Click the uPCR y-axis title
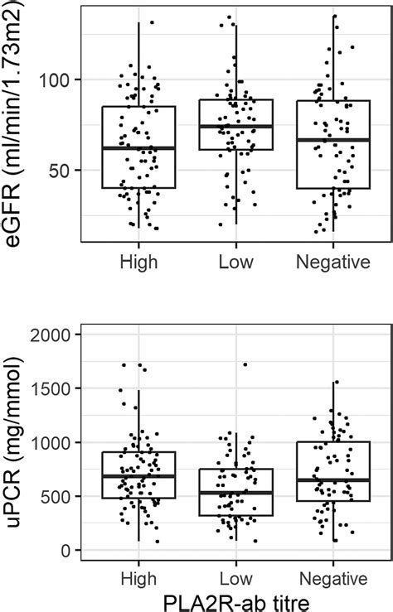(x=18, y=441)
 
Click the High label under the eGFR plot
(x=138, y=263)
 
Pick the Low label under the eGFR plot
(x=235, y=263)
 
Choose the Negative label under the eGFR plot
(x=332, y=263)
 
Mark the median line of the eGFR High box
(x=138, y=147)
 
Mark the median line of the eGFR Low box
(x=235, y=127)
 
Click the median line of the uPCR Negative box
(x=332, y=479)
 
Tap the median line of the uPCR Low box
(x=235, y=493)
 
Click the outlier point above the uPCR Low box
(x=245, y=364)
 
